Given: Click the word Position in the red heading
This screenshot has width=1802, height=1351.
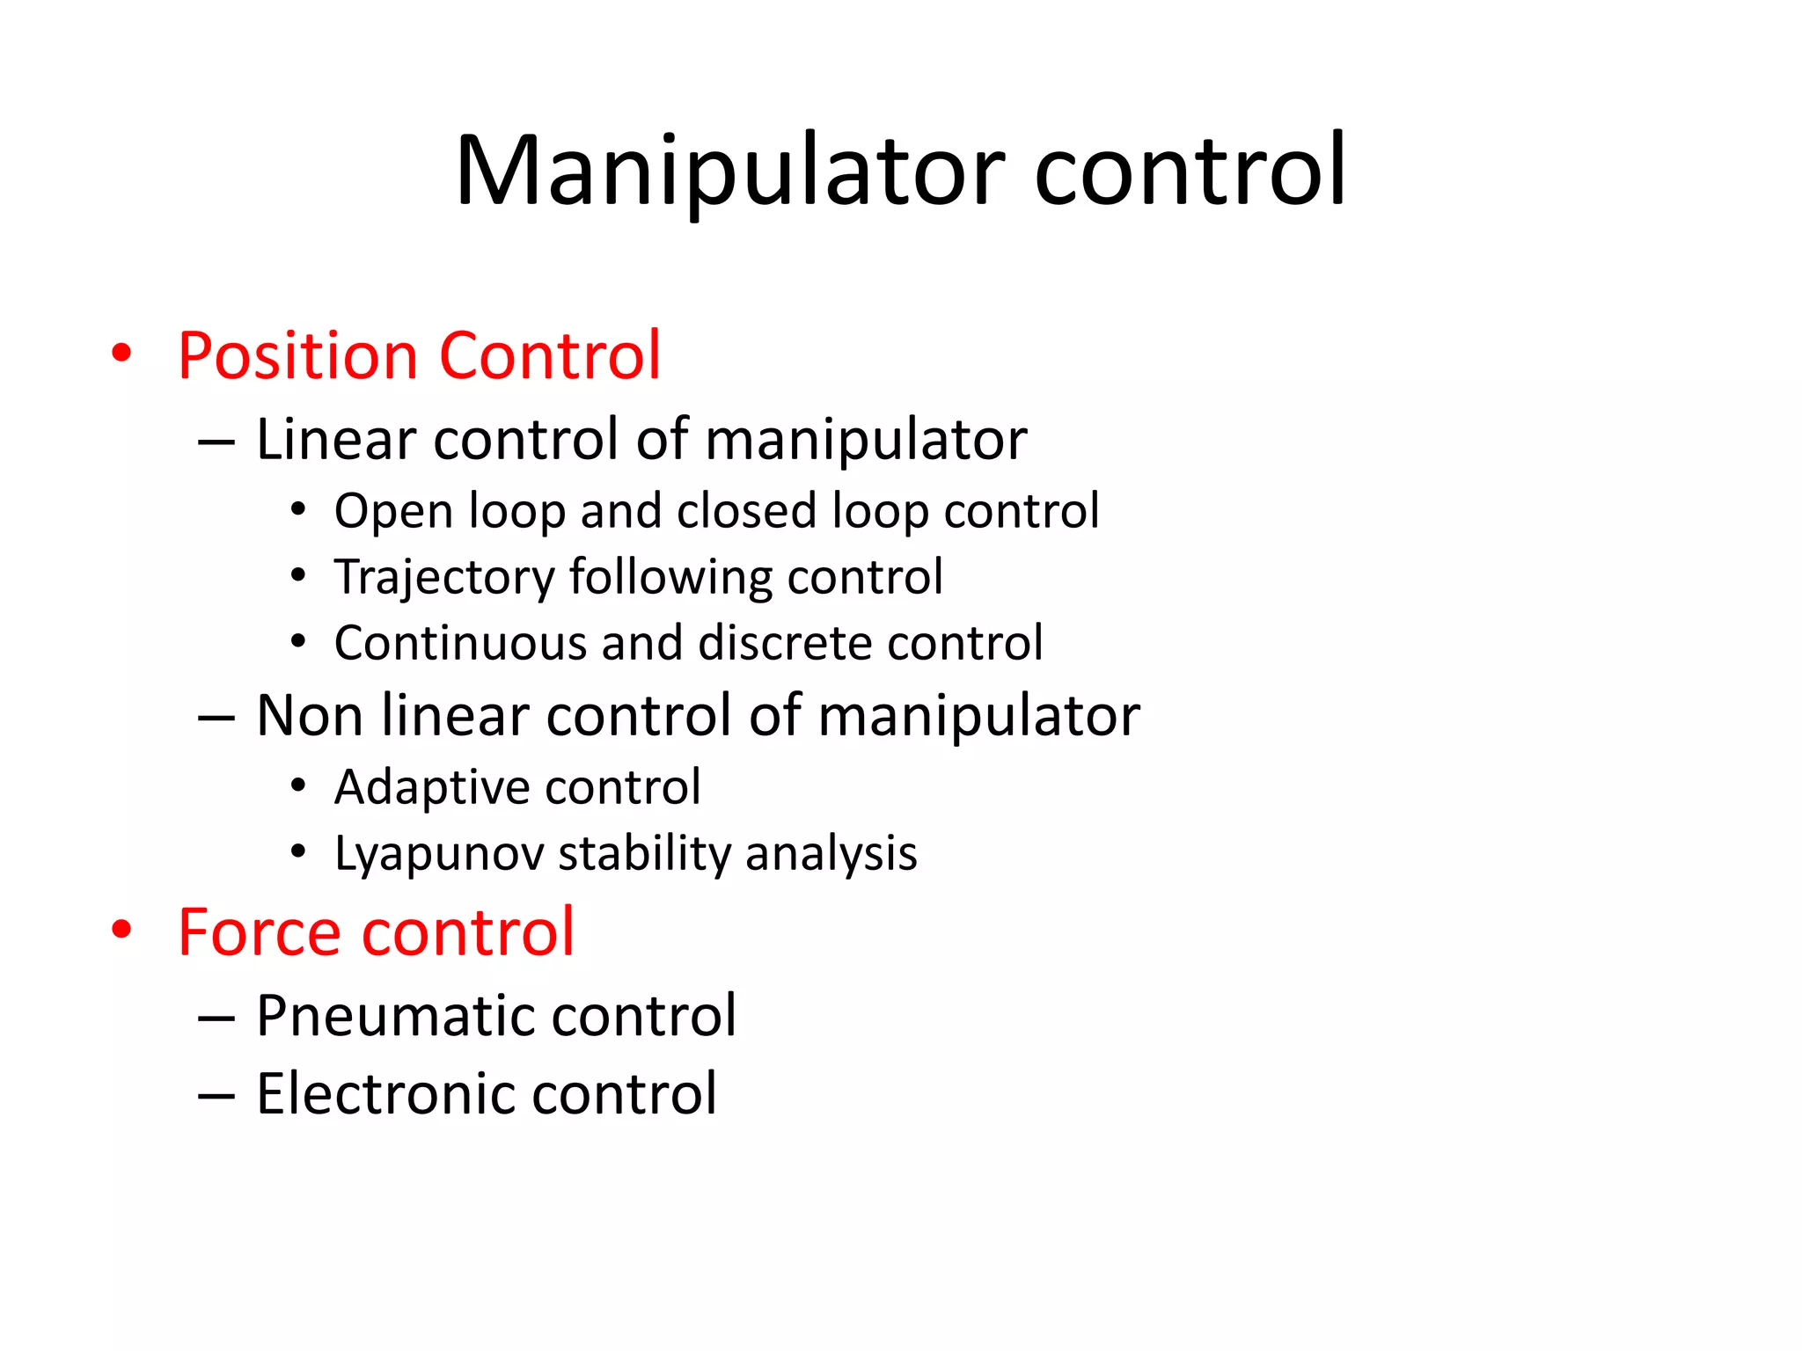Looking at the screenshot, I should click(297, 356).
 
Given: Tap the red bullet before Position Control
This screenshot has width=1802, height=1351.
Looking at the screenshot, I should click(121, 354).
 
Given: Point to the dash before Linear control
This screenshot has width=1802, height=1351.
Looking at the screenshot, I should click(216, 441).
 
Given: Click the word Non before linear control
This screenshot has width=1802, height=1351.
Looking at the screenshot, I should click(309, 715).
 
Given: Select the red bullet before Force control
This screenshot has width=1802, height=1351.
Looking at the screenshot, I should click(121, 930).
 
